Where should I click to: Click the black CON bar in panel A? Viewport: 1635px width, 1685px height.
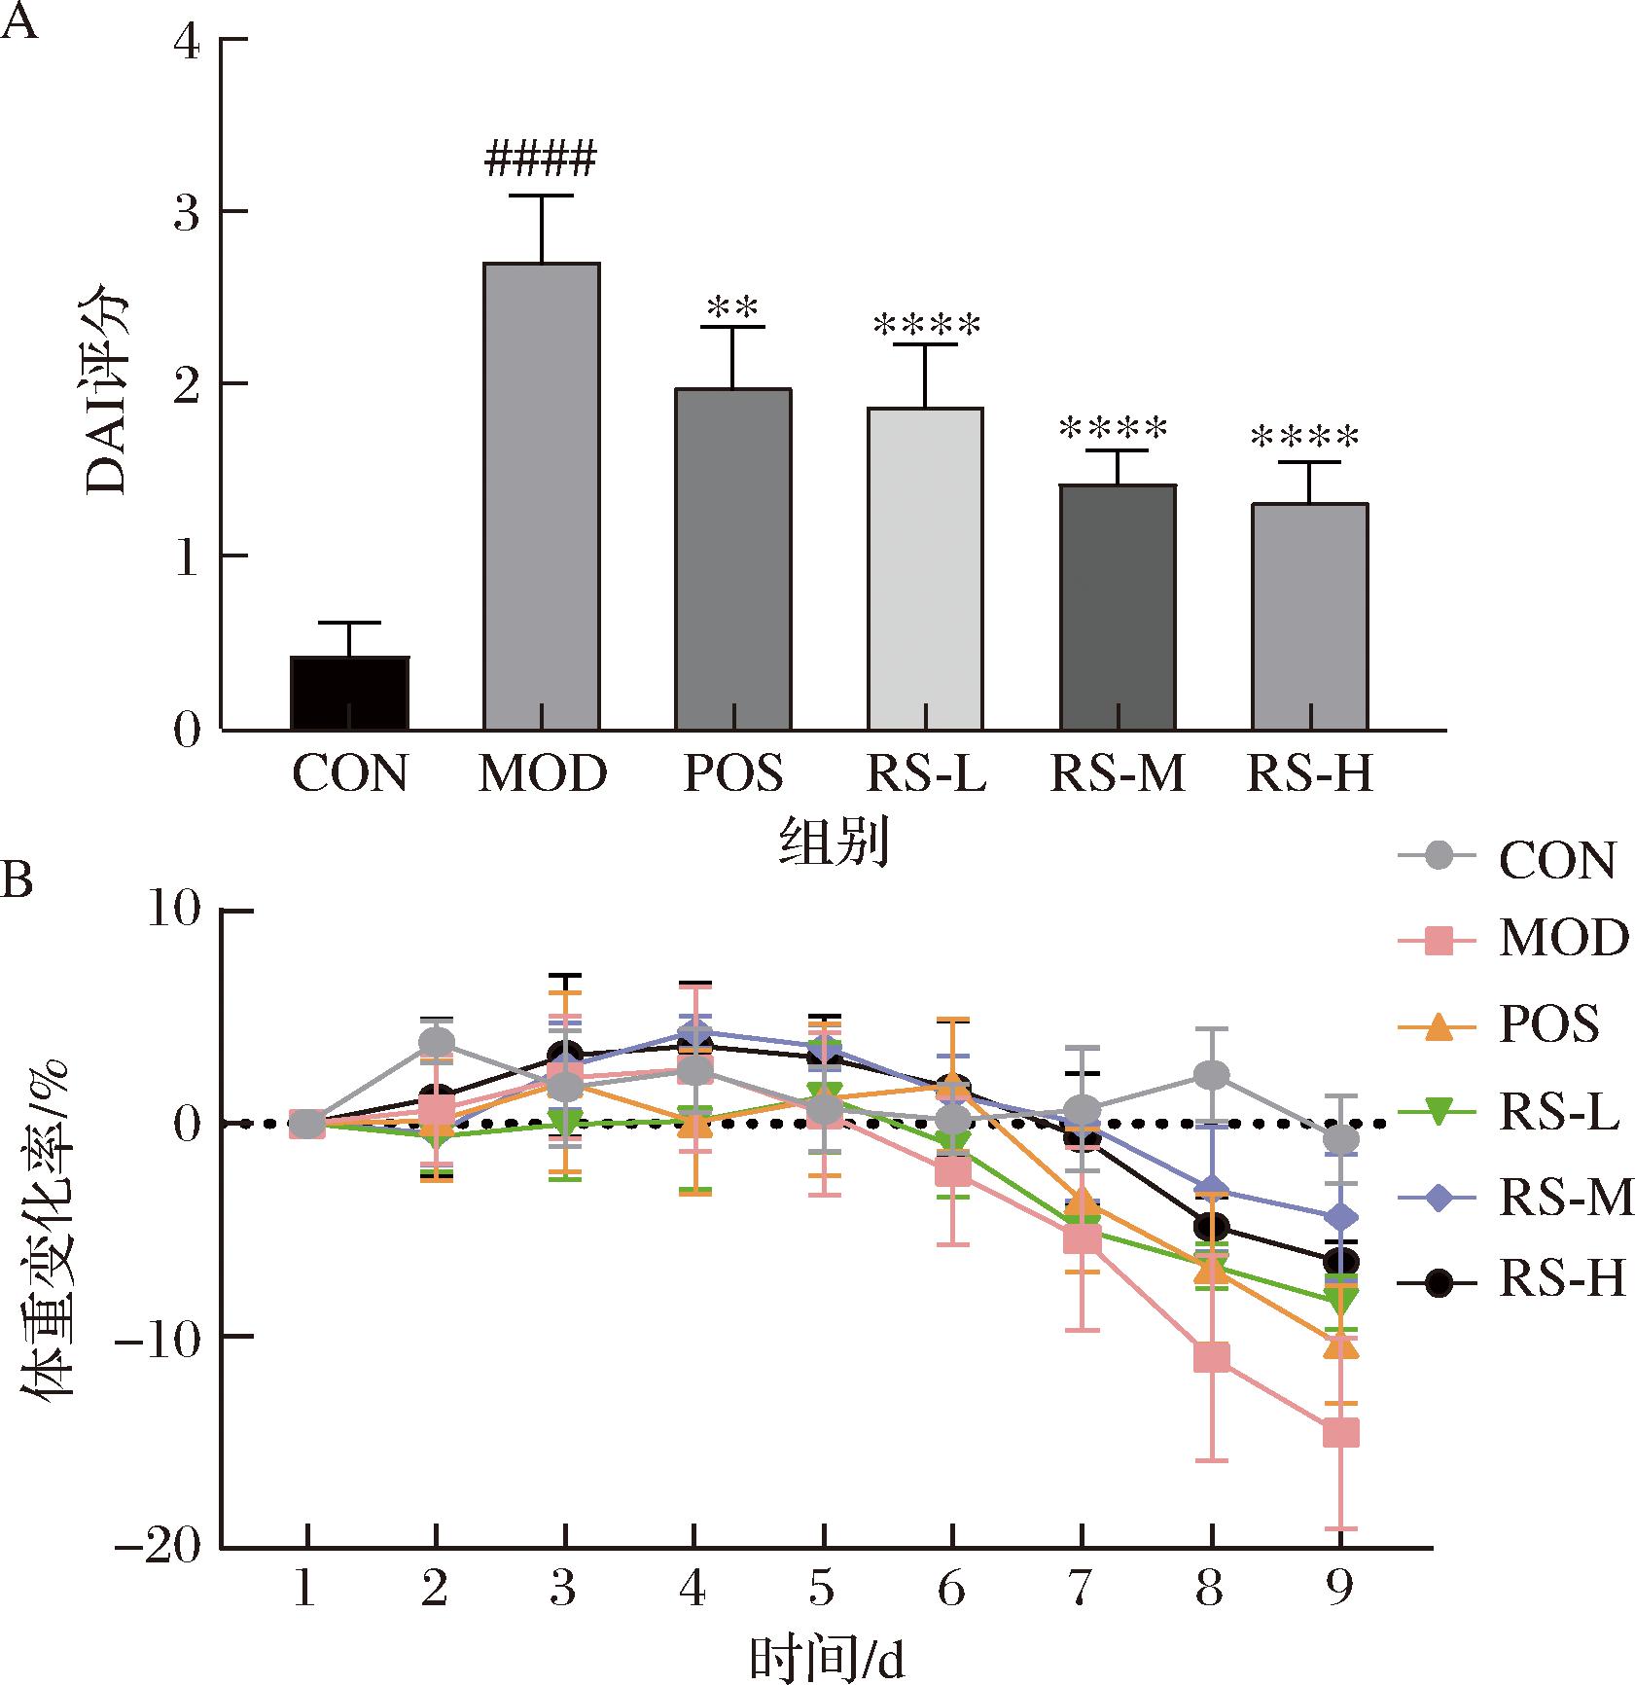tap(349, 693)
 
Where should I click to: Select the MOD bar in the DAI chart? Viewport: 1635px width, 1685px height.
tap(542, 496)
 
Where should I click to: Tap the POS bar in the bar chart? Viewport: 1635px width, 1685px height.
tap(733, 558)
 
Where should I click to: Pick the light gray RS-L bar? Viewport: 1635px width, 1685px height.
tap(925, 568)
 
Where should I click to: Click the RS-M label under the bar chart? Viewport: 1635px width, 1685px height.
tap(1118, 775)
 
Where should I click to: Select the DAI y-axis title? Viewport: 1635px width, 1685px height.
tap(108, 389)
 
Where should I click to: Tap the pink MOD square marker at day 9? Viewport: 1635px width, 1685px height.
tap(1341, 1433)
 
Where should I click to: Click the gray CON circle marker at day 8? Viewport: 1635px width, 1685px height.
tap(1212, 1075)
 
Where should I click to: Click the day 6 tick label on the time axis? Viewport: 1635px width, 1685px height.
tap(951, 1589)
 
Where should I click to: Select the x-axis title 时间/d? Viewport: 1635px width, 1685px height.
tap(827, 1659)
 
